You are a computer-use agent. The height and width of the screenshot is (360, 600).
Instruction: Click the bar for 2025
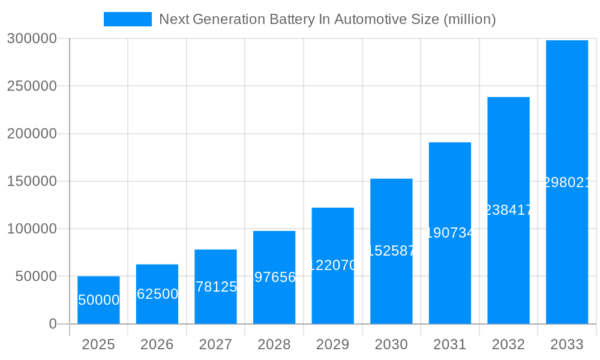point(98,300)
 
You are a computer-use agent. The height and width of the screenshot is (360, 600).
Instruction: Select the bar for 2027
point(215,286)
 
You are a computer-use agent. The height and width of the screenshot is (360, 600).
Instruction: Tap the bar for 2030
point(391,251)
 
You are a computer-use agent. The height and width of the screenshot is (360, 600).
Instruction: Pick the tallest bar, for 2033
point(567,182)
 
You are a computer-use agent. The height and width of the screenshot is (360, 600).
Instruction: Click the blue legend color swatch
point(128,19)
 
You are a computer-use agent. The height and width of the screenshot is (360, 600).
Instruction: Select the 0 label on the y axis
point(52,324)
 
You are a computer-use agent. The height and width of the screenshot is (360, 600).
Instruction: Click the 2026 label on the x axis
point(157,344)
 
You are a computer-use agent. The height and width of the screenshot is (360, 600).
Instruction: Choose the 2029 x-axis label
point(332,344)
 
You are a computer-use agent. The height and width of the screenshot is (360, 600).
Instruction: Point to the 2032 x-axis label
point(508,344)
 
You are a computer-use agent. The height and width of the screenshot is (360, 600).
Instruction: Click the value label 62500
point(157,294)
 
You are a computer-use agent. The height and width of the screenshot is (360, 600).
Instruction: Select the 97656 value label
point(274,277)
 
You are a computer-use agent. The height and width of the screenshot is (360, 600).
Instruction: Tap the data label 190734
point(450,233)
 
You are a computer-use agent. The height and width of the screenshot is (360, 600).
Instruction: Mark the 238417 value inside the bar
point(508,210)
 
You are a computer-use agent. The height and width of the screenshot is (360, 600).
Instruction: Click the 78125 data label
point(216,287)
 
